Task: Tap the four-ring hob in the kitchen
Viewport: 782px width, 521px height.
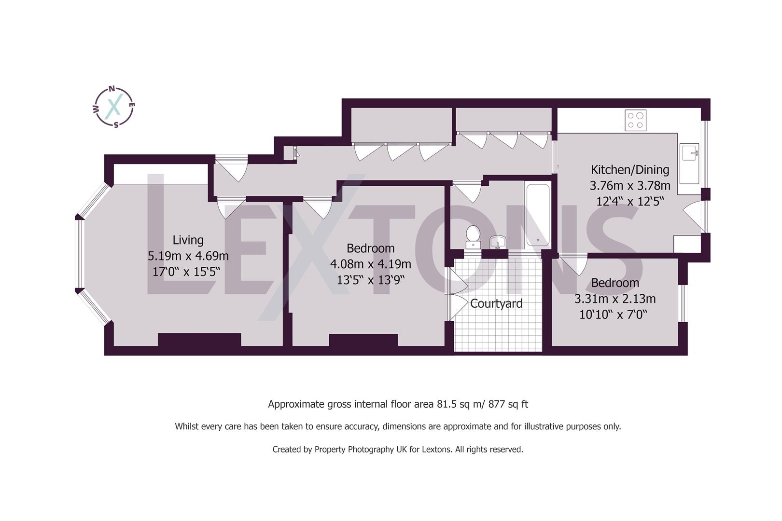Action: tap(635, 120)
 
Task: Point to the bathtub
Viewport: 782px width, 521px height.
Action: tap(538, 215)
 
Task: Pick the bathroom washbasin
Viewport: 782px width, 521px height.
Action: tap(498, 241)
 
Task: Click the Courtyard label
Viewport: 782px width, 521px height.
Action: tap(496, 304)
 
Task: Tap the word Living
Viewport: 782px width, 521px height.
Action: tap(188, 240)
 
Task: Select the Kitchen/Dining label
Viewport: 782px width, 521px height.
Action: tap(630, 170)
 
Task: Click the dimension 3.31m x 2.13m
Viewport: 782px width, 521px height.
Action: tap(614, 299)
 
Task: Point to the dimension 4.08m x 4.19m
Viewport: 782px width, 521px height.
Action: tap(370, 264)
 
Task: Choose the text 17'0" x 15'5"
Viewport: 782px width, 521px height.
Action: tap(186, 272)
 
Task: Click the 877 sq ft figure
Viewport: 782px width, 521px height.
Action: tap(508, 404)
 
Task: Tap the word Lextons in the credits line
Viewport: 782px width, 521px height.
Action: tap(437, 450)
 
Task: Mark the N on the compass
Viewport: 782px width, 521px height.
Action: tap(112, 89)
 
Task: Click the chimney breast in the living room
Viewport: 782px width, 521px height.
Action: tap(199, 340)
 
